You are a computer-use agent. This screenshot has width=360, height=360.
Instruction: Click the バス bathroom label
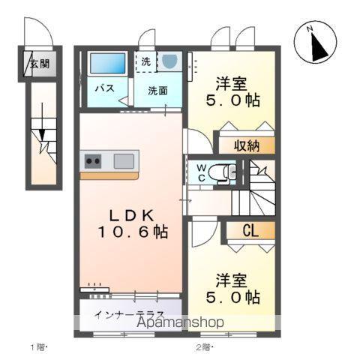pos(103,88)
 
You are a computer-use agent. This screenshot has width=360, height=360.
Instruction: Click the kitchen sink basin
pos(124,159)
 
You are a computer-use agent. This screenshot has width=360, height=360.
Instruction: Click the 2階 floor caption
pos(205,346)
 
